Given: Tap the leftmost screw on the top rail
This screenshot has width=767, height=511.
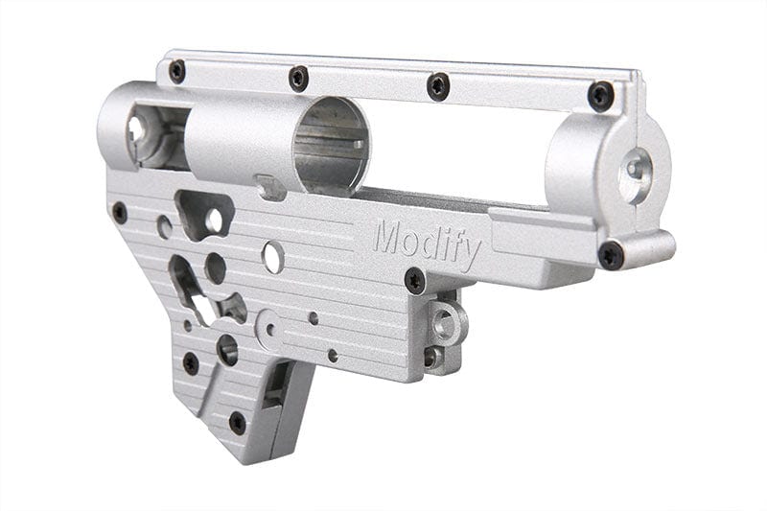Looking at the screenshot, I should (x=177, y=70).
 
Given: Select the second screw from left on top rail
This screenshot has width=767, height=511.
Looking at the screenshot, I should (x=299, y=77).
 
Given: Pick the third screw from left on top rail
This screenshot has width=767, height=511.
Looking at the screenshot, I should (x=437, y=85).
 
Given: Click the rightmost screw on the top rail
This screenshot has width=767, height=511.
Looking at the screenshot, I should (x=601, y=95).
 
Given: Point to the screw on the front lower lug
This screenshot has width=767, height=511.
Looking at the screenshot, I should (x=611, y=255).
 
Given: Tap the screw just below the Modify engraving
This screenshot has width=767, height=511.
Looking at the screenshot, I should (x=415, y=281).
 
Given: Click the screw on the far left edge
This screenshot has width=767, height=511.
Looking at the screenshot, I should (x=120, y=213).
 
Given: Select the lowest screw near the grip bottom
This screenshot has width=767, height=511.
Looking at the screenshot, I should (x=237, y=422).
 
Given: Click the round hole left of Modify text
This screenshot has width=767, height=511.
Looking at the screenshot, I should (x=273, y=256).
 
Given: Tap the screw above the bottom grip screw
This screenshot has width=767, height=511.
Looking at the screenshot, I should (x=191, y=363).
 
